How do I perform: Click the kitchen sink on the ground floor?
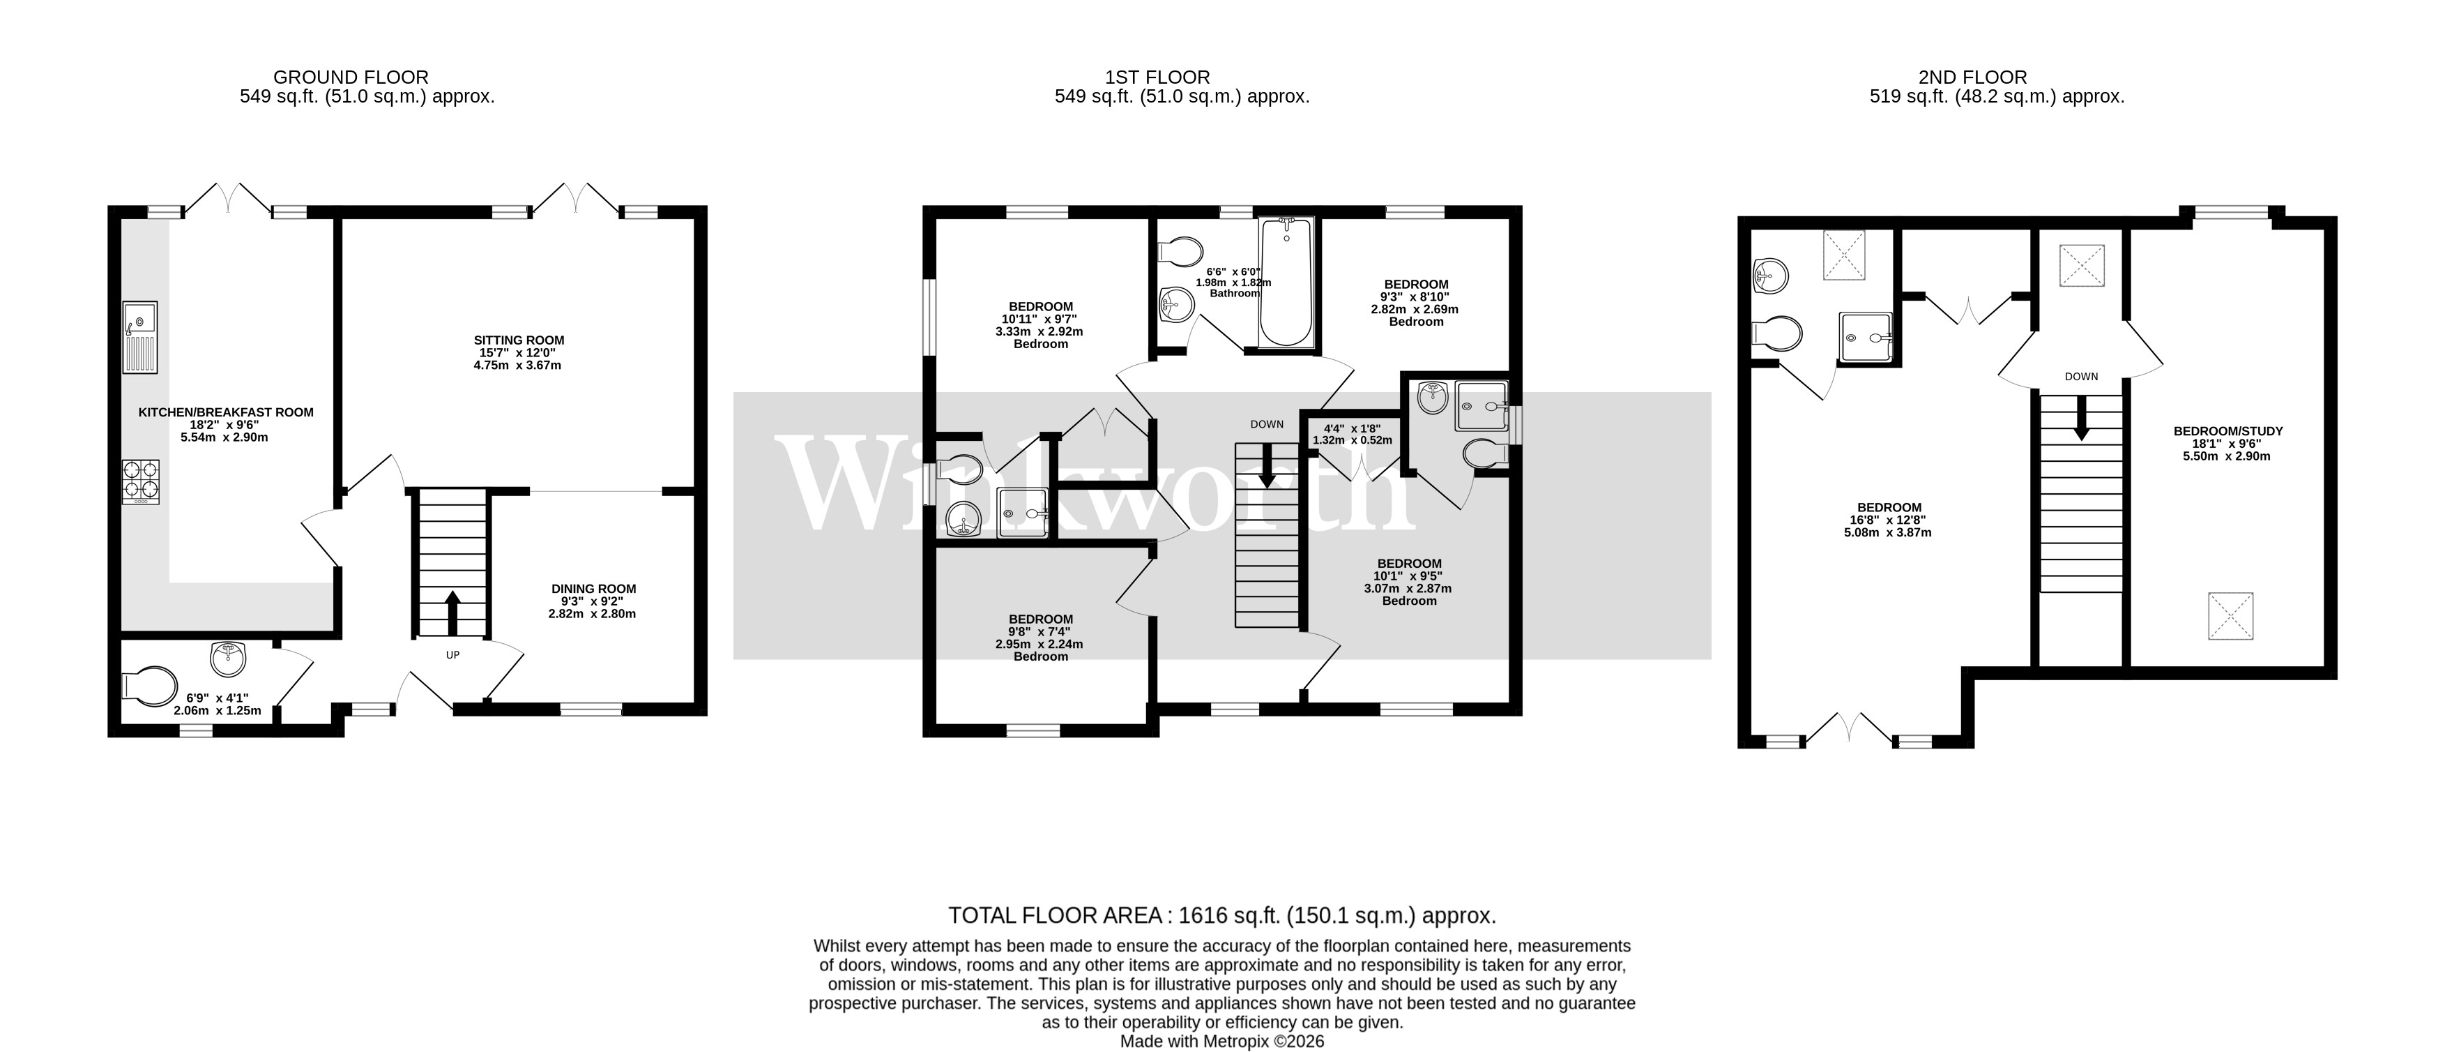[140, 338]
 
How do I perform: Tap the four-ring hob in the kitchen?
[140, 481]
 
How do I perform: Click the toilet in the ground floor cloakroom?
[150, 687]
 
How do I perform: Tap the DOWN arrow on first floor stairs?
[1267, 469]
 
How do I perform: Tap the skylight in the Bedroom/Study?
[2230, 615]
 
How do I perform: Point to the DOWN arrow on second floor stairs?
[2080, 418]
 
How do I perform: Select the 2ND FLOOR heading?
[1972, 77]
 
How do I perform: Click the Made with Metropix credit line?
[1221, 1041]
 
